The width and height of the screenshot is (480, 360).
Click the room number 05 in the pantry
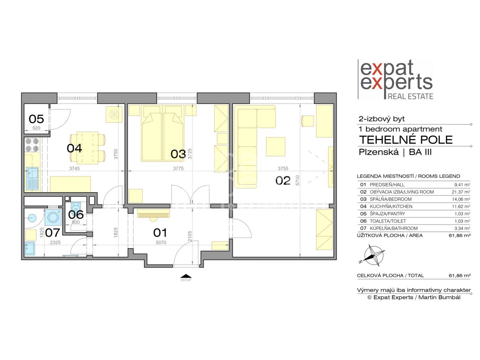[36, 119]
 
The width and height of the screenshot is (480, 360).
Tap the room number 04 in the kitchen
[74, 148]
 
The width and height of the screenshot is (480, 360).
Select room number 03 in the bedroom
[178, 154]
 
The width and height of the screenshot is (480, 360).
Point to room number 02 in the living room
[283, 181]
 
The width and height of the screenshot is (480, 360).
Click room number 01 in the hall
[160, 233]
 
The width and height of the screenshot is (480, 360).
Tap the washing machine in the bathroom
[53, 217]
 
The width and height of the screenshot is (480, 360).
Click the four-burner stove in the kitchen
[32, 145]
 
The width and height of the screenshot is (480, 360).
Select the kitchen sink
[32, 179]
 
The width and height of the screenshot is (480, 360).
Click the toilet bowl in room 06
[76, 206]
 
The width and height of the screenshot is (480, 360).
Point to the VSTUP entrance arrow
[186, 276]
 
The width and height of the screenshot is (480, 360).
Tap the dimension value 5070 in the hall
[161, 242]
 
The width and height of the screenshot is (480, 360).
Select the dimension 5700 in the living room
[297, 180]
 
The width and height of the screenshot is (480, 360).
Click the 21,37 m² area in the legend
[461, 192]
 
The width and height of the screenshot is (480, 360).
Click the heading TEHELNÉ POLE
[406, 140]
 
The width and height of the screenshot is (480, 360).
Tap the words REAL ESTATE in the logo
[410, 96]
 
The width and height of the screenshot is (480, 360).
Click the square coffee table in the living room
[276, 147]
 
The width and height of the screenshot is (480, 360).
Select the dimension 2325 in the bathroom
[55, 242]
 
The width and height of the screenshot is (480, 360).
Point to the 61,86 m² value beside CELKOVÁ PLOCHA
[460, 276]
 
